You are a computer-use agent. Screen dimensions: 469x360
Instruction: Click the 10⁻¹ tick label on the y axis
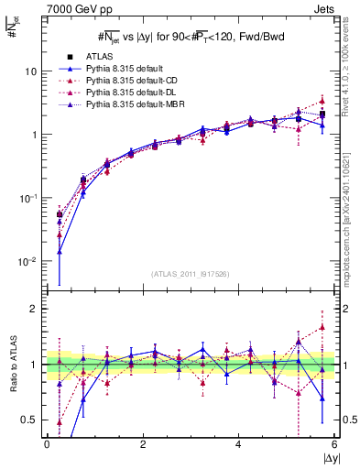[x=28, y=198]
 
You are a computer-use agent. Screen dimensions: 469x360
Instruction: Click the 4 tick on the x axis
[x=238, y=444]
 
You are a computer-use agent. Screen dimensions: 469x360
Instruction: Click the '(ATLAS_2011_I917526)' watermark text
[x=191, y=274]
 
